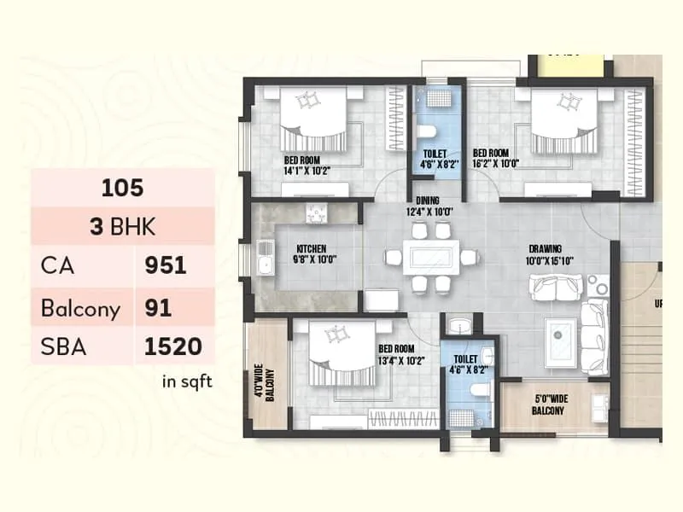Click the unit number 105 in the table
pos(123,188)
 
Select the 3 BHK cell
pos(123,228)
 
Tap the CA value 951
pos(166,266)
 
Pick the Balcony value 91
pos(159,307)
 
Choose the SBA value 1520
pos(173,346)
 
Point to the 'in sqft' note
pos(187,381)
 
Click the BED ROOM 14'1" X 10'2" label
pos(308,165)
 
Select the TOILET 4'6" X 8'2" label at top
pos(435,160)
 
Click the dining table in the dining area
pos(421,257)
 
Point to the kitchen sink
pos(265,258)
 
